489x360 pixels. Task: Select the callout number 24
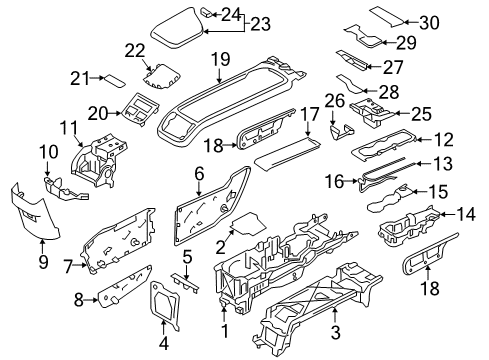232,14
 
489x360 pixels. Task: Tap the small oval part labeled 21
114,77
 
